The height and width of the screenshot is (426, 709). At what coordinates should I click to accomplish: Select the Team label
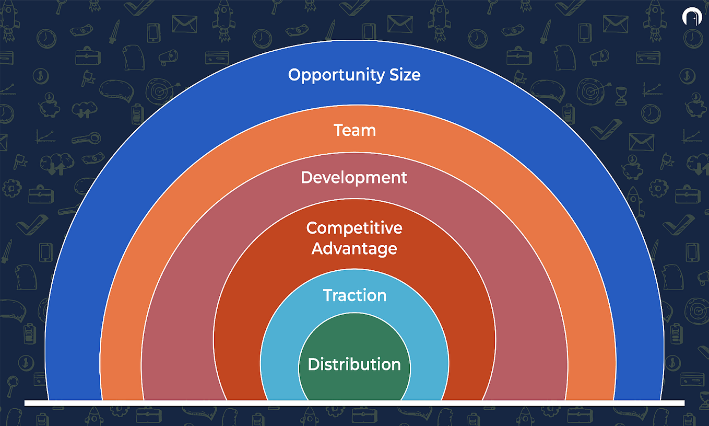point(354,130)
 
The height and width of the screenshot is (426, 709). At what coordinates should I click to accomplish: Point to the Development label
point(354,177)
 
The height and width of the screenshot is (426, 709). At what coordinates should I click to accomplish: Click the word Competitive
point(354,228)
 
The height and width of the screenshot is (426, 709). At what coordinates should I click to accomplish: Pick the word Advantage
point(354,248)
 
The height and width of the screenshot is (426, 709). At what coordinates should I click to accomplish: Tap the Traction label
point(354,295)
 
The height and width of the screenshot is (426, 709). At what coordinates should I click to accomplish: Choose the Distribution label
point(354,364)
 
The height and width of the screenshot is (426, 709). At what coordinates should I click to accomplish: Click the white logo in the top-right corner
point(691,16)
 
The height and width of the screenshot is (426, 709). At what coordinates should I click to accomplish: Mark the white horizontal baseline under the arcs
point(354,403)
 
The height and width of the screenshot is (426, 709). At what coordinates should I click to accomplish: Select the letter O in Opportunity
point(295,75)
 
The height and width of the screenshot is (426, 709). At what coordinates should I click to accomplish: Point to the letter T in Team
point(338,130)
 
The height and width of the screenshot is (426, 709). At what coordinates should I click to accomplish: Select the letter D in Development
point(307,177)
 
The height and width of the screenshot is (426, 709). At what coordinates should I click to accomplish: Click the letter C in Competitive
point(312,228)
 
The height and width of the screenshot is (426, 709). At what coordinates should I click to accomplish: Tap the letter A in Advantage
point(317,248)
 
